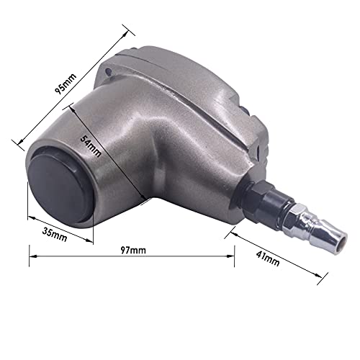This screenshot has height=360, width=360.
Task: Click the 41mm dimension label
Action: (x=266, y=258)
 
